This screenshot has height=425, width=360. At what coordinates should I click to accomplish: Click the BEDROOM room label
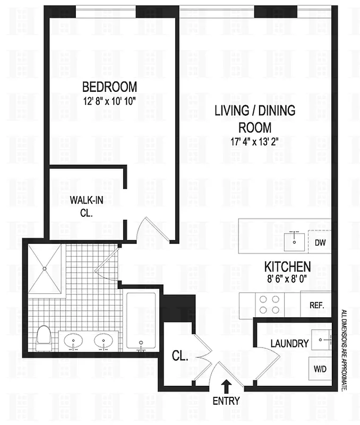109,87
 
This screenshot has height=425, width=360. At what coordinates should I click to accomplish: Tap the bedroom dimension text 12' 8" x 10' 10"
109,101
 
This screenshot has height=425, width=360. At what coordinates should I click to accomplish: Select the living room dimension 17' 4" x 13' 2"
254,141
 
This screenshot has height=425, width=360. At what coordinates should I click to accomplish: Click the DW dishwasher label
320,243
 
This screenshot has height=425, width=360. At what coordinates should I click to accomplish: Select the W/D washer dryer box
320,368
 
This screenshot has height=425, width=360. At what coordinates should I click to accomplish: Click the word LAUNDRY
289,344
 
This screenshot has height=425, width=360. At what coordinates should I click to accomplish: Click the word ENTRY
227,401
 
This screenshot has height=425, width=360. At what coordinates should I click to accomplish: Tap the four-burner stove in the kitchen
269,306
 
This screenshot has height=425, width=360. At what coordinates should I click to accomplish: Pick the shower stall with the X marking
46,269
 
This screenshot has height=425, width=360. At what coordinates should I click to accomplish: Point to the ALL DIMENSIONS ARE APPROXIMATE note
344,351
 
